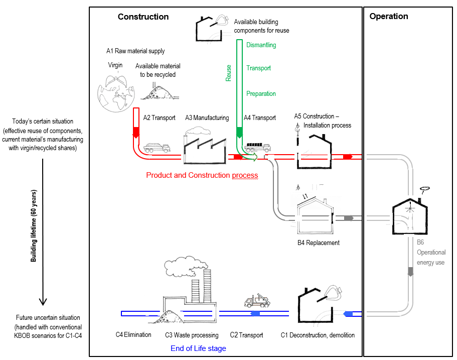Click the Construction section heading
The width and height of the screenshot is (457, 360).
click(x=143, y=17)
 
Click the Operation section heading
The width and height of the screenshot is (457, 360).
click(x=388, y=16)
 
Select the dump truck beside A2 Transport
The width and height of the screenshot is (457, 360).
click(x=157, y=147)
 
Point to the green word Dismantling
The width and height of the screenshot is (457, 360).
click(x=261, y=45)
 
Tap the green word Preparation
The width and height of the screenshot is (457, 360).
click(x=261, y=94)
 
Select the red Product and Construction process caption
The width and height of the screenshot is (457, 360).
click(x=202, y=175)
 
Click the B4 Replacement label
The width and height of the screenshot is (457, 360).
click(x=318, y=243)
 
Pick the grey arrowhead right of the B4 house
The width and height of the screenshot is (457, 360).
click(x=350, y=218)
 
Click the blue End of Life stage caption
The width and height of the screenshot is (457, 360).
click(x=198, y=348)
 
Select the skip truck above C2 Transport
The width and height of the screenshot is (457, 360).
click(x=256, y=300)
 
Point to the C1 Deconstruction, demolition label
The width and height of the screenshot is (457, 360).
click(x=318, y=335)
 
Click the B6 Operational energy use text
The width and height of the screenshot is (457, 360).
click(x=431, y=252)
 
